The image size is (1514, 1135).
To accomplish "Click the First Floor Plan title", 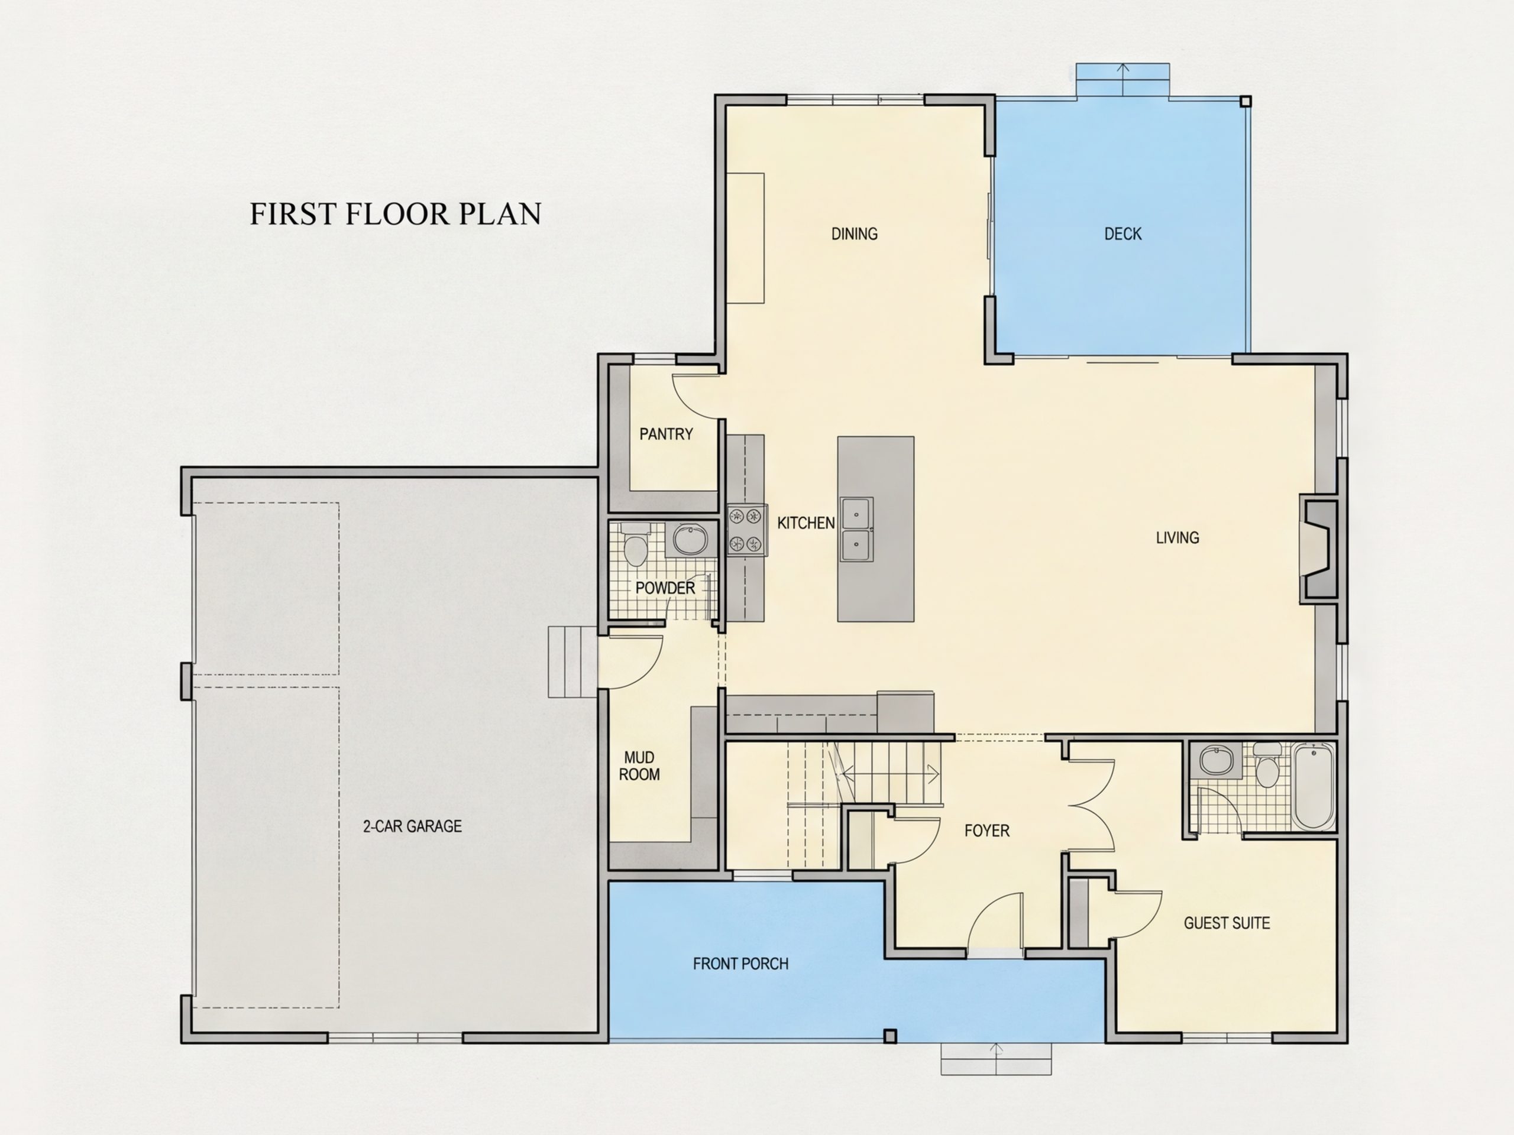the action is [x=396, y=213].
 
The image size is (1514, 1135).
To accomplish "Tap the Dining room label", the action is [x=854, y=234].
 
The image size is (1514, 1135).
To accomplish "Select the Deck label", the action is [x=1122, y=234].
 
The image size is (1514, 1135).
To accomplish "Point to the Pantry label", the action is [x=666, y=434].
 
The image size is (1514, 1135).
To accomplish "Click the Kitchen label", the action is [x=805, y=523].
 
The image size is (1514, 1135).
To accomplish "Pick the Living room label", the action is [x=1177, y=538].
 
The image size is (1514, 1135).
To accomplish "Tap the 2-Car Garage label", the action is [x=412, y=826].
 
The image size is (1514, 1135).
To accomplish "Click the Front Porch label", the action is [x=740, y=964].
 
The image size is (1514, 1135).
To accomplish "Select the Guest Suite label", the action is [x=1227, y=923].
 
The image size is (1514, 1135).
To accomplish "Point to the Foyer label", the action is [x=987, y=831].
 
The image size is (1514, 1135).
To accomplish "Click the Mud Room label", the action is [x=639, y=766].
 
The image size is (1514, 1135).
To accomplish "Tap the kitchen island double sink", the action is [x=857, y=529].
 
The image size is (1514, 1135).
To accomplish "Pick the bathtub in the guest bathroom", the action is [x=1314, y=787].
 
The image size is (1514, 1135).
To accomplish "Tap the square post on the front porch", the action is [x=890, y=1036].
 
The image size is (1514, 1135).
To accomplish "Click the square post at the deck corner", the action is [x=1246, y=101].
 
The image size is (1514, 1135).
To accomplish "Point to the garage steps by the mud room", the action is [x=573, y=661].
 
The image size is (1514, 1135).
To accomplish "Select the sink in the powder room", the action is [x=690, y=540].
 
